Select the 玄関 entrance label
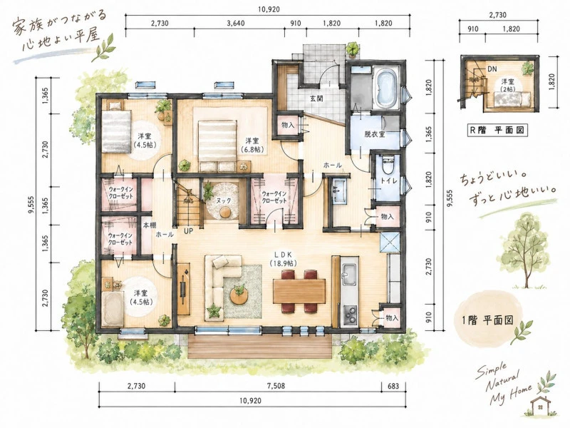tap(316, 98)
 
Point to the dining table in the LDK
tap(299, 291)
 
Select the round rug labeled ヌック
tap(222, 201)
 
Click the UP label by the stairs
tap(188, 230)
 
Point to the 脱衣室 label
tap(375, 134)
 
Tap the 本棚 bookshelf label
tap(149, 225)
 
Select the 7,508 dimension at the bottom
tap(278, 386)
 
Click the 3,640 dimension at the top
tap(236, 24)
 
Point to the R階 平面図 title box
tap(497, 130)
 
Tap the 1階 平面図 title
tap(487, 320)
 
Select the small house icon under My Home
tap(541, 405)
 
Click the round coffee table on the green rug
tap(239, 295)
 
